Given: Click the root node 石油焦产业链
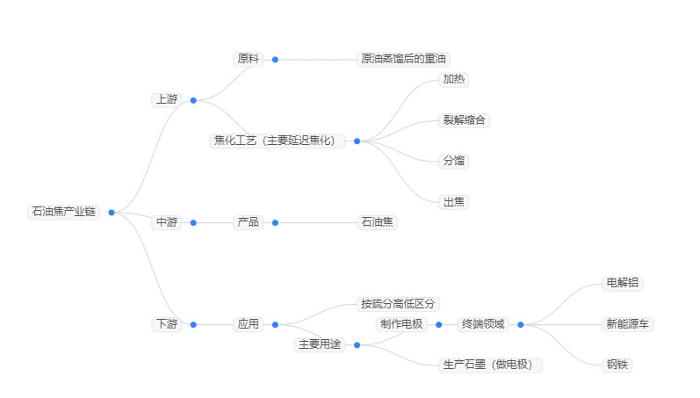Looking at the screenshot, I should click(x=63, y=212).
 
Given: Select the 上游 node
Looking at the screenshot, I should click(x=166, y=100).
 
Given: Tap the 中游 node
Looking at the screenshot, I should click(x=166, y=222).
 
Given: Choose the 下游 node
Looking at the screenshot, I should click(x=166, y=324).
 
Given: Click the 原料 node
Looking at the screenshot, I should click(x=249, y=60).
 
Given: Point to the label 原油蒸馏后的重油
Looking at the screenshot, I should click(x=404, y=60).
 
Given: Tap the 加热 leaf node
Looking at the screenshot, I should click(x=454, y=80).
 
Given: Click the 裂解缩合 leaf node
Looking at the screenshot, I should click(x=465, y=120).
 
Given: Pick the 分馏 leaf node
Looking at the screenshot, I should click(x=454, y=161).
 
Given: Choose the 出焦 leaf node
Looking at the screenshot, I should click(x=454, y=201).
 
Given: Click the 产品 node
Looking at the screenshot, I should click(x=249, y=222).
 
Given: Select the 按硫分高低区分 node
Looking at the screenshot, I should click(x=398, y=304).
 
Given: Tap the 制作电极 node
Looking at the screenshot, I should click(x=401, y=324).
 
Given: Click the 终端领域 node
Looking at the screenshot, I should click(x=483, y=324).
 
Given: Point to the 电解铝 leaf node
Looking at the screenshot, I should click(x=623, y=283).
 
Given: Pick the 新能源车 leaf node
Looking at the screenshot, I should click(x=628, y=324).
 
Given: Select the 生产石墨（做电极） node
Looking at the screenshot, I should click(x=491, y=365).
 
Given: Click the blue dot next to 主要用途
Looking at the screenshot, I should click(x=357, y=344).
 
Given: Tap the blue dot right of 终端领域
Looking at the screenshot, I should click(x=520, y=324).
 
